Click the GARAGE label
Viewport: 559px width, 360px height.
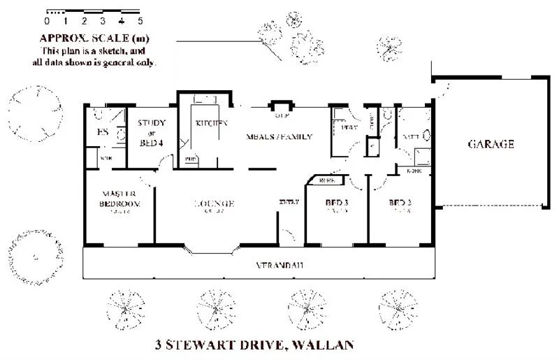coord(491,145)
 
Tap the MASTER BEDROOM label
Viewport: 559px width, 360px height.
coord(119,199)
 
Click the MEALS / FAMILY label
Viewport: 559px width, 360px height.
coord(279,136)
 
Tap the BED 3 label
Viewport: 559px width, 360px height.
coord(337,204)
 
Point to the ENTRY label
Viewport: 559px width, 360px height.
coord(289,202)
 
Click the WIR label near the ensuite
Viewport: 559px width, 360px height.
coord(106,159)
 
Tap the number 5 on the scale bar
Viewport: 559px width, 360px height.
coord(140,21)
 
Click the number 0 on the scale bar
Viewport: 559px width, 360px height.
coord(47,21)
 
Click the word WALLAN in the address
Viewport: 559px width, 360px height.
coord(324,344)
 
